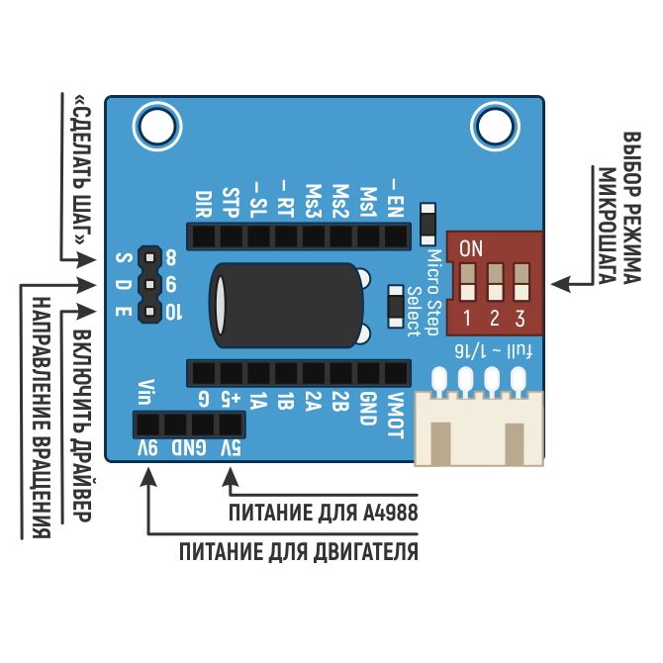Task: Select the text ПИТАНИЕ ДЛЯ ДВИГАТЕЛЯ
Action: click(x=298, y=552)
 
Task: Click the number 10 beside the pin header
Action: click(x=173, y=313)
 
